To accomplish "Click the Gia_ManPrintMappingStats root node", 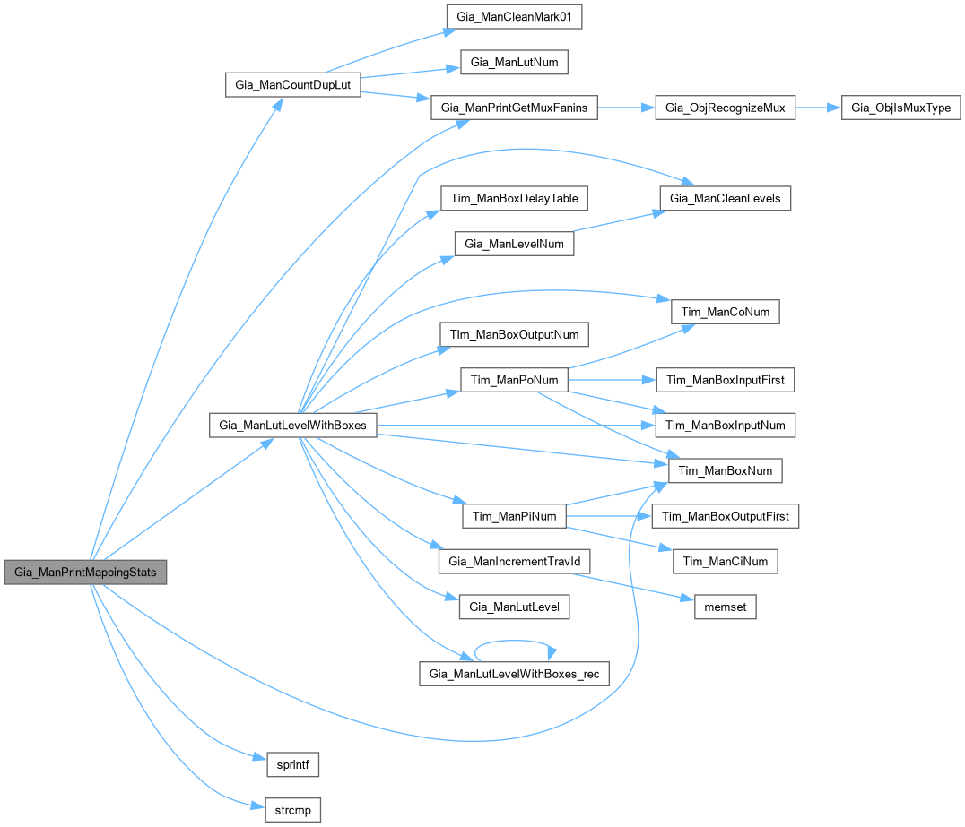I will click(85, 572).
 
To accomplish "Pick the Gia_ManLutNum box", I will click(514, 63).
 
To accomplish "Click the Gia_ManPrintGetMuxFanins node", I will click(514, 108).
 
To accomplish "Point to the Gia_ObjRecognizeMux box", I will click(725, 108).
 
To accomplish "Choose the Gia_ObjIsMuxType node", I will click(900, 108).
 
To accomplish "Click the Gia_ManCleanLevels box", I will click(725, 198).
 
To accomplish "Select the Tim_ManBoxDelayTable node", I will click(514, 198).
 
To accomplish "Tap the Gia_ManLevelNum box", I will click(514, 243).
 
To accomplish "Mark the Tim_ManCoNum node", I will click(725, 311).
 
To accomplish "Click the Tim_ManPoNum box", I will click(514, 380).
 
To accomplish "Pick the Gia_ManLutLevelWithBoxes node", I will click(291, 425).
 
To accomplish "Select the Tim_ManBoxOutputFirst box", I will click(725, 516).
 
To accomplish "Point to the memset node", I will click(725, 607).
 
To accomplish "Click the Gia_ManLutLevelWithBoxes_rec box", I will click(514, 674).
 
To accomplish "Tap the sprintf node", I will click(293, 765).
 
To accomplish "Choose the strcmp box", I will click(293, 811).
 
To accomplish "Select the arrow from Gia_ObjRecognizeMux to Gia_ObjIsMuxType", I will click(818, 108).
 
